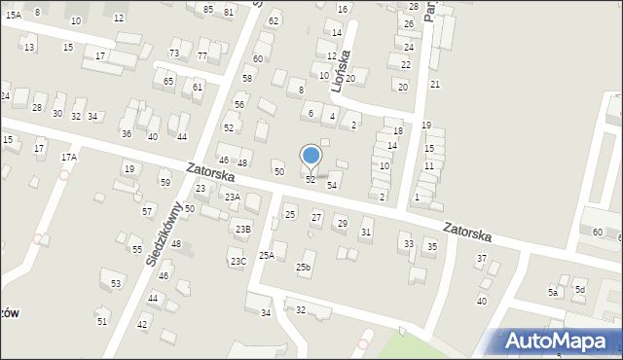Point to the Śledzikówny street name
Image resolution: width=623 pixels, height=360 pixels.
[163, 234]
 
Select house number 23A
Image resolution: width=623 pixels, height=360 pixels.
[232, 198]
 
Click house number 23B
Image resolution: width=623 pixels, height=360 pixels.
[242, 229]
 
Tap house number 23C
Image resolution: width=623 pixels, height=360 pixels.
[238, 261]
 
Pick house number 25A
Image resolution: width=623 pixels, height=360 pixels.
[266, 255]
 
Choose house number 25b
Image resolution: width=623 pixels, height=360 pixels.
[304, 267]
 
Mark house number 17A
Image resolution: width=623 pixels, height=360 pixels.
[68, 157]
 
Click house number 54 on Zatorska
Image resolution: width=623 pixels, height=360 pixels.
[332, 185]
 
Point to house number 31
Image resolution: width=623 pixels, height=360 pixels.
[366, 232]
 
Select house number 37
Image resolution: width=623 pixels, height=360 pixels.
[481, 258]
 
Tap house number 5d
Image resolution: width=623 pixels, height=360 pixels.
[579, 290]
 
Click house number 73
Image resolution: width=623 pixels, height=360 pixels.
[173, 53]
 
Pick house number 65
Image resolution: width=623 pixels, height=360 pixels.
[168, 81]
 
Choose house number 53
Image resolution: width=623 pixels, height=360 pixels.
[116, 283]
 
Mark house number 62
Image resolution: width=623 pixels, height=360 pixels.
[274, 20]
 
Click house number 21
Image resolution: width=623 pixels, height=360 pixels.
[435, 85]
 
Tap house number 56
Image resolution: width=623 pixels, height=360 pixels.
[238, 104]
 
